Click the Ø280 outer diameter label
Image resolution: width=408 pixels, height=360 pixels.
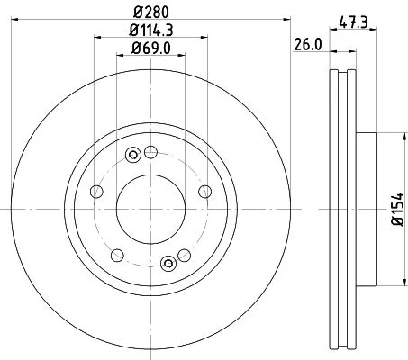click(x=150, y=13)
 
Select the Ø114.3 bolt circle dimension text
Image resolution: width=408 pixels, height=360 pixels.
click(x=150, y=32)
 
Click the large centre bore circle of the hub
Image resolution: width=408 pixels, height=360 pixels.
click(x=150, y=208)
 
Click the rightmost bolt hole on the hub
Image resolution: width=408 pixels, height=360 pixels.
click(x=207, y=190)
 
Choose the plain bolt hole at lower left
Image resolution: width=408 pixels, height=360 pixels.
click(x=114, y=254)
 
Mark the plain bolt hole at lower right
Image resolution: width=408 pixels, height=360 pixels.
click(x=186, y=254)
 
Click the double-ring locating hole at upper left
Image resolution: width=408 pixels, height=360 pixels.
click(x=133, y=154)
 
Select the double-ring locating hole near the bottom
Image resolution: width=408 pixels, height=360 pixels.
click(x=168, y=263)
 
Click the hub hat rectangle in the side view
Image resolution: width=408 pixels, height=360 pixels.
click(x=367, y=208)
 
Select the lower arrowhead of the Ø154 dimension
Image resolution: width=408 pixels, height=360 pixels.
click(x=384, y=279)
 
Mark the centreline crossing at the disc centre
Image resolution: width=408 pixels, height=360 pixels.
click(x=150, y=208)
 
